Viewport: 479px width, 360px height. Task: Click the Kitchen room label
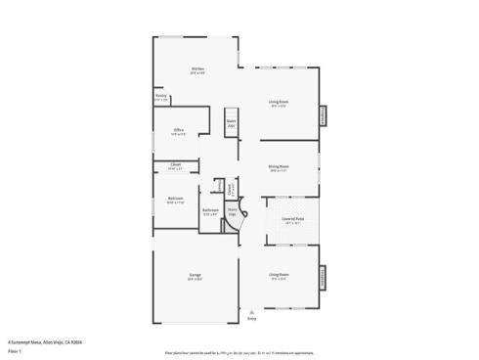[x=197, y=68]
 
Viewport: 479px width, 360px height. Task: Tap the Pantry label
[x=161, y=97]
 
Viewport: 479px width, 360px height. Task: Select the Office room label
[x=179, y=130]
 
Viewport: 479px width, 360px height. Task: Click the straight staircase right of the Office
[x=232, y=122]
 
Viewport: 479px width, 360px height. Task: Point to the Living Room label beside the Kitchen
[x=279, y=102]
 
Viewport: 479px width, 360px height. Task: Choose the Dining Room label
[x=279, y=167]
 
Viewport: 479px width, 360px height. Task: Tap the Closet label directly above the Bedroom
[x=175, y=165]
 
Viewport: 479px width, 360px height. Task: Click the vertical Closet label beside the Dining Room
[x=231, y=188]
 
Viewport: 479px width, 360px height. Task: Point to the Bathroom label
[x=210, y=210]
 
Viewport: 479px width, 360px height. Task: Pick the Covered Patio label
[x=291, y=219]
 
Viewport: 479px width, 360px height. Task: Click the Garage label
[x=195, y=275]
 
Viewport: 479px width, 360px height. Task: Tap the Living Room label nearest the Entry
[x=279, y=275]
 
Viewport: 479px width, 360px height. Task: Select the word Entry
[x=251, y=319]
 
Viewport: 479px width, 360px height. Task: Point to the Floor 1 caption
[x=14, y=349]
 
